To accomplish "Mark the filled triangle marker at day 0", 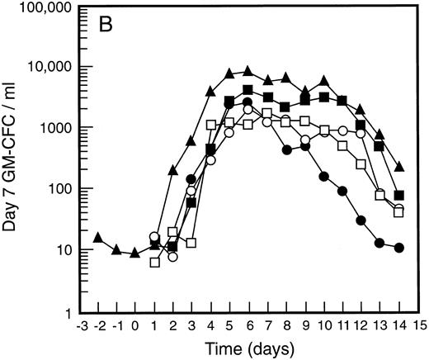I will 135,252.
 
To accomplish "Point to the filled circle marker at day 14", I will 399,248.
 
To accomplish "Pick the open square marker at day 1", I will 154,262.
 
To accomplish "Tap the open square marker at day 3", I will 191,243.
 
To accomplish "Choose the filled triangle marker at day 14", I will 399,167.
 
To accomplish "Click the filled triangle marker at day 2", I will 172,170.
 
